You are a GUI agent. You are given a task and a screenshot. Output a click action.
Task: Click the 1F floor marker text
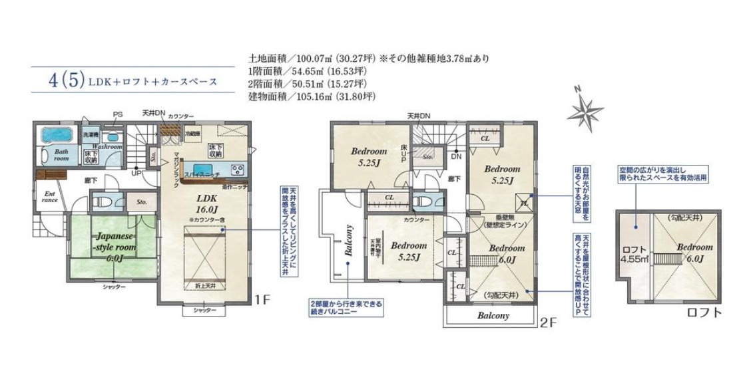click(263, 300)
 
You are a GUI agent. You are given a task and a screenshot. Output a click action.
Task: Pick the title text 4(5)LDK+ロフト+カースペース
click(133, 82)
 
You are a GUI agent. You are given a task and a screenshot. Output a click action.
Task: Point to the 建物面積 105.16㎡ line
click(312, 96)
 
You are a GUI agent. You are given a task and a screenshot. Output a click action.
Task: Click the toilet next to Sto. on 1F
click(103, 201)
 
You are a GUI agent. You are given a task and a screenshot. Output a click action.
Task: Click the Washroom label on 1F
click(107, 146)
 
